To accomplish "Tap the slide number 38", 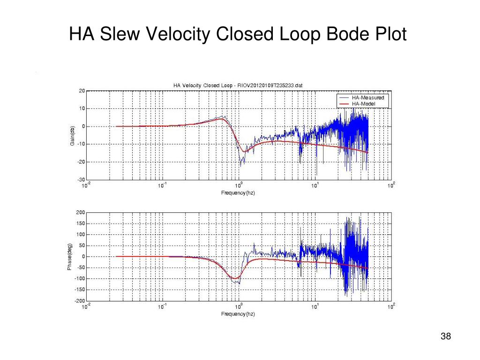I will (x=446, y=337).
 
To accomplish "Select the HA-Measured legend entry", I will (x=367, y=97).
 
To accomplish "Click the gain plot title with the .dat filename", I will (x=238, y=85).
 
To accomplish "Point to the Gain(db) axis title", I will (x=72, y=135).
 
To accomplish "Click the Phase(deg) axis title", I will (x=69, y=256).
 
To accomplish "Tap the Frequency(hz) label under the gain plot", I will (x=238, y=193).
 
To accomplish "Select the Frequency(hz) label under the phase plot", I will (x=238, y=314).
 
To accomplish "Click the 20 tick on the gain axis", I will (x=82, y=91).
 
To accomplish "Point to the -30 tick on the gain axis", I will (x=81, y=180).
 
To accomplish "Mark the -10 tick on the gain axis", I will (x=81, y=144).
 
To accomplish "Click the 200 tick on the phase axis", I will (x=81, y=212).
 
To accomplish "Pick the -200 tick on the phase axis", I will (x=80, y=300).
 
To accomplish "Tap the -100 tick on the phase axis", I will (x=80, y=278).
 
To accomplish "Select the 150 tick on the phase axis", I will (x=81, y=224).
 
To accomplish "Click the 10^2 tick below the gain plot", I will (x=391, y=185).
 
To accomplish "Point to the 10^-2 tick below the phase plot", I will (x=85, y=307).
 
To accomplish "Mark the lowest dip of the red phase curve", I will (x=234, y=278).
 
